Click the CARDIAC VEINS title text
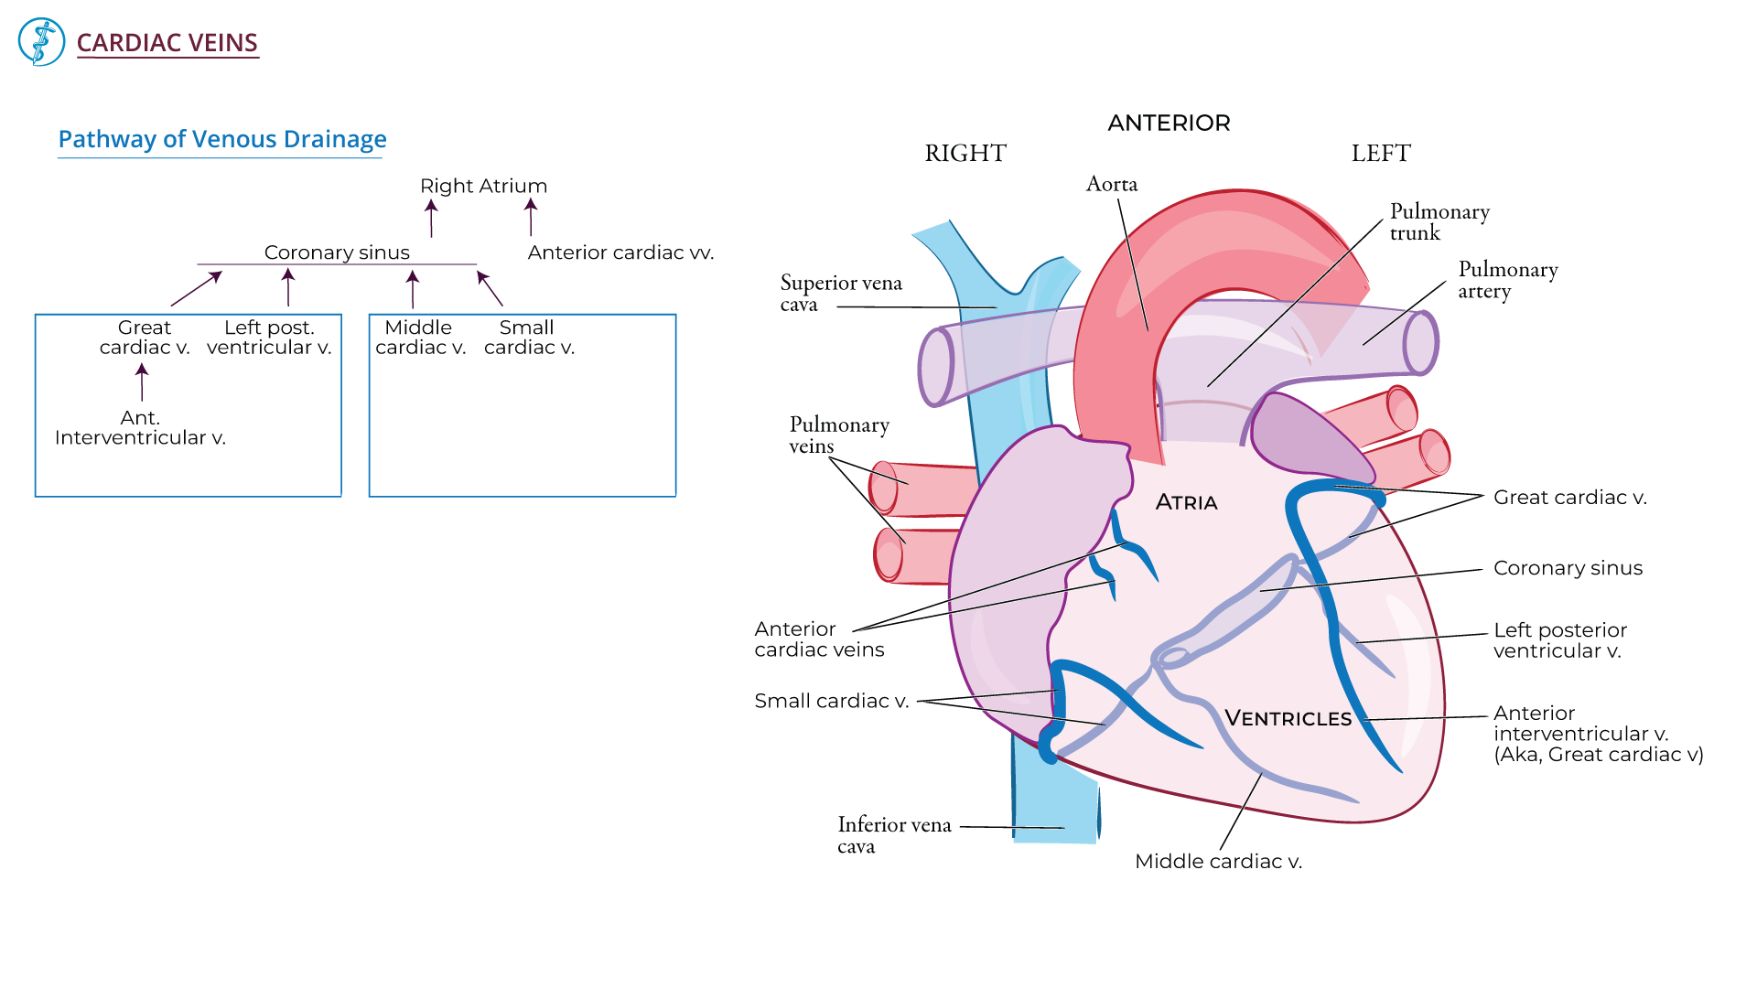[167, 43]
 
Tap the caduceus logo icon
[41, 42]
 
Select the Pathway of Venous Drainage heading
[221, 139]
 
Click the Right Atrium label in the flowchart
[483, 186]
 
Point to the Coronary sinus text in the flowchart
[337, 252]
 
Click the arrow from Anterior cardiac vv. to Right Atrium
[531, 218]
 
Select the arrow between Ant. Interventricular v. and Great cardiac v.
[142, 382]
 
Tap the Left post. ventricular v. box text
[269, 338]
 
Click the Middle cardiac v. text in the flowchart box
[420, 338]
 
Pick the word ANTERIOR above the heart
[1169, 123]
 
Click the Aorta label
[1111, 184]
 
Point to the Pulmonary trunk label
[1439, 222]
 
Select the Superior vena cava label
[840, 294]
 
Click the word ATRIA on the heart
[1186, 502]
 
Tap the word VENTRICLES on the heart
[1288, 718]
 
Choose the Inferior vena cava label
[893, 835]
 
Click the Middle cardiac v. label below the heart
[1218, 862]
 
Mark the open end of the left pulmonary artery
[1420, 343]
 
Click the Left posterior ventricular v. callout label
[1559, 640]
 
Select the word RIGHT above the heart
[965, 154]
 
